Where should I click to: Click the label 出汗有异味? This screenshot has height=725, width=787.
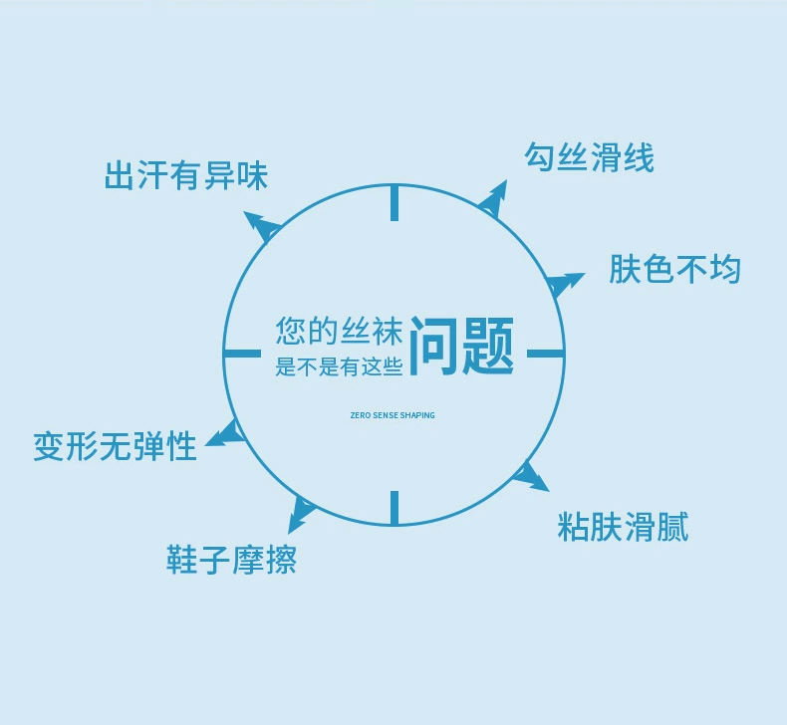tap(186, 176)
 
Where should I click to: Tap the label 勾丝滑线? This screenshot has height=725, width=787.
tap(589, 156)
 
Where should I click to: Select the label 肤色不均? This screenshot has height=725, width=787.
tap(674, 269)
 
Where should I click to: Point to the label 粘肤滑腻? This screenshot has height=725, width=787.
tap(623, 526)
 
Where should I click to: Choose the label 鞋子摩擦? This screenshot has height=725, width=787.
tap(231, 560)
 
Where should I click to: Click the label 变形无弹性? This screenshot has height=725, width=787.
tap(115, 446)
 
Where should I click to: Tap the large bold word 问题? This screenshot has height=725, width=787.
tap(462, 347)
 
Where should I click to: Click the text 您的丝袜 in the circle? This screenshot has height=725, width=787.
tap(339, 331)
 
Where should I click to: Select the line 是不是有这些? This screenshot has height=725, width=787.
tap(339, 367)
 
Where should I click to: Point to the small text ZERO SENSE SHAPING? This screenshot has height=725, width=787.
tap(393, 415)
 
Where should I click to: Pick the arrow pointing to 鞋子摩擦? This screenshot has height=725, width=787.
tap(300, 513)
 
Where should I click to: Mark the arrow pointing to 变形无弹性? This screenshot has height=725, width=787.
tap(225, 433)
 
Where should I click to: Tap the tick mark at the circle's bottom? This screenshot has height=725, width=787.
tap(393, 507)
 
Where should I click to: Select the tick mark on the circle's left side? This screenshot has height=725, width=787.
tap(242, 354)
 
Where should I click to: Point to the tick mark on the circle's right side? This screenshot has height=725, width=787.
tap(544, 354)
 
